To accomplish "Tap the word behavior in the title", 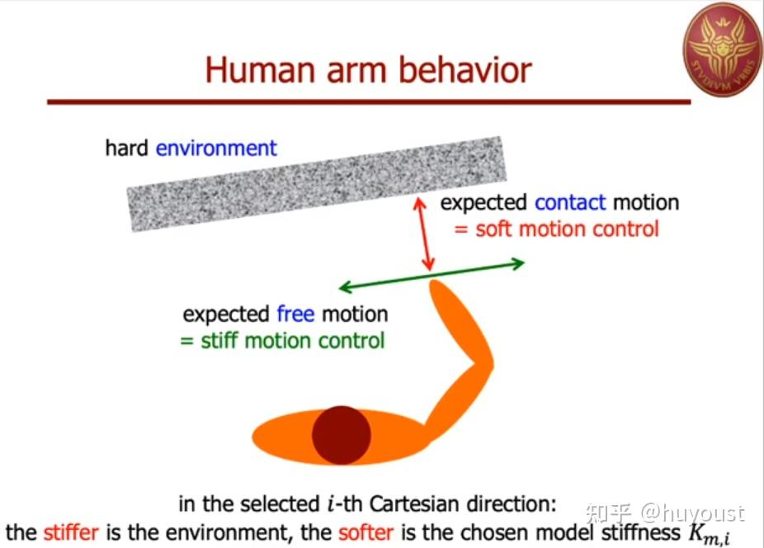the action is point(465,69).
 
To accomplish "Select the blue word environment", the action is point(216,148).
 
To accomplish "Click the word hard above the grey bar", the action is point(126,148).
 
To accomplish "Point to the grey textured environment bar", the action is point(317,183).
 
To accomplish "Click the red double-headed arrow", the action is point(424,234).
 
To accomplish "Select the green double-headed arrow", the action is point(432,276).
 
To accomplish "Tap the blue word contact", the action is point(569,202).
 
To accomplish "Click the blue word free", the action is point(295,314).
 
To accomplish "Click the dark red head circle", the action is point(341,434).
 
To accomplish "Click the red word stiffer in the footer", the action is point(71,531).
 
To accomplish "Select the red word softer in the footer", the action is point(366,532).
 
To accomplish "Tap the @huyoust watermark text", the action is point(693,513).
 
